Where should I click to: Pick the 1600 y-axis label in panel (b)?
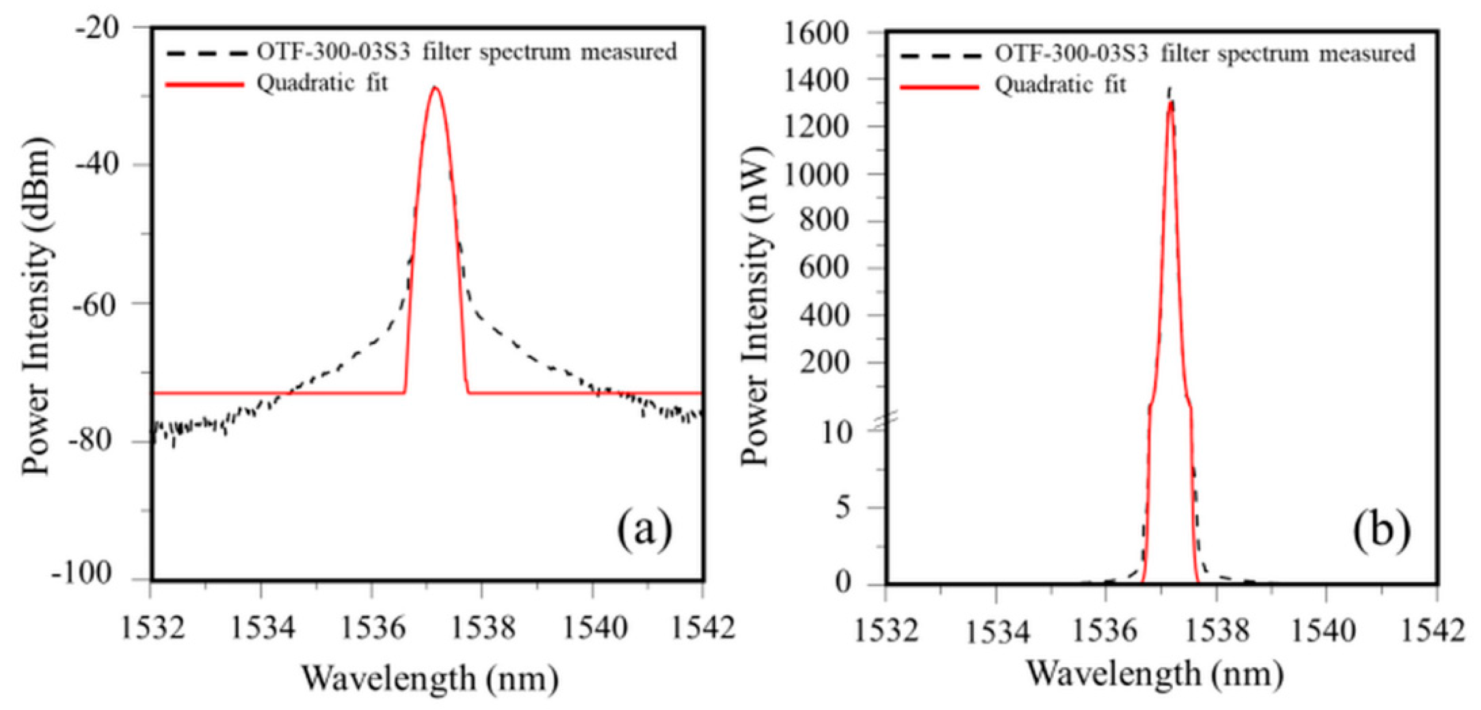click(x=816, y=33)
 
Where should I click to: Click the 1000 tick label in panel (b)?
click(x=816, y=175)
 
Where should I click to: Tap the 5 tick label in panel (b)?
click(x=843, y=508)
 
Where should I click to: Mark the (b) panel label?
click(x=1381, y=529)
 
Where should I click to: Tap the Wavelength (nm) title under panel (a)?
click(x=430, y=678)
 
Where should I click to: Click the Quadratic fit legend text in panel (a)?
click(x=322, y=84)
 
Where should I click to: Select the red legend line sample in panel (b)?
click(x=940, y=87)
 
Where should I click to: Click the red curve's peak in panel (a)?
click(x=435, y=87)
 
